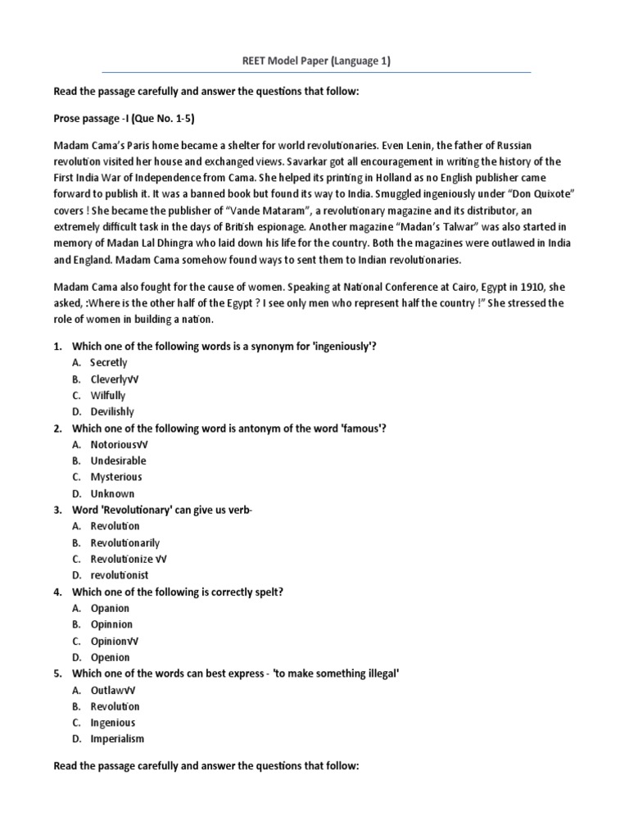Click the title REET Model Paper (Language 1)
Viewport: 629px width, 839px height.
(314, 61)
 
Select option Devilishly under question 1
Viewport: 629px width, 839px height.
(112, 411)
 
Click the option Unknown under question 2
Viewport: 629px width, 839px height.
(112, 493)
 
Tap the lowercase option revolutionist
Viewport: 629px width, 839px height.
(120, 575)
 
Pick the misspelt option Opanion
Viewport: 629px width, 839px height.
(110, 608)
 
